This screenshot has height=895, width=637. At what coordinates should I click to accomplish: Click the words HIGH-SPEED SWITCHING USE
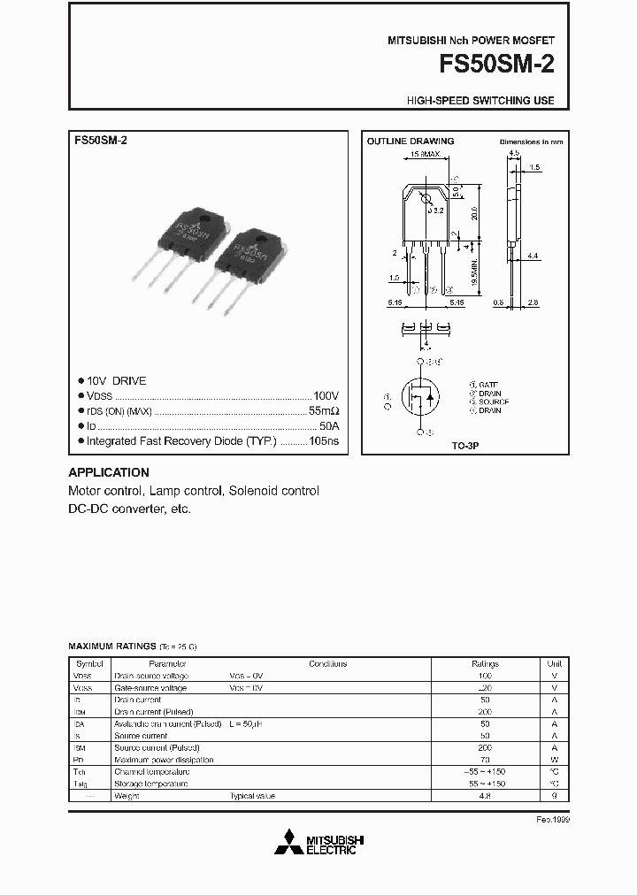(480, 101)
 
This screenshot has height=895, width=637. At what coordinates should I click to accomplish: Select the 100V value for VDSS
(326, 396)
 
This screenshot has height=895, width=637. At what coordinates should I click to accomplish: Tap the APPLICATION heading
(109, 472)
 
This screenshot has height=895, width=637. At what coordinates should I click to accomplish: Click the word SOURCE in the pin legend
(494, 402)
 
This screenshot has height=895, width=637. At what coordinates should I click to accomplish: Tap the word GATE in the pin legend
(487, 386)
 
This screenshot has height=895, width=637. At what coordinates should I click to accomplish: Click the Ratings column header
(485, 663)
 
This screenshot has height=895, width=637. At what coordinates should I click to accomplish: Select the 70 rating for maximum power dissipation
(485, 760)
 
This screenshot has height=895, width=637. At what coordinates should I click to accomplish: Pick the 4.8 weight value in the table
(485, 796)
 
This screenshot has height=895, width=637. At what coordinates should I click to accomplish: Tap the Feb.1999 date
(553, 820)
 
